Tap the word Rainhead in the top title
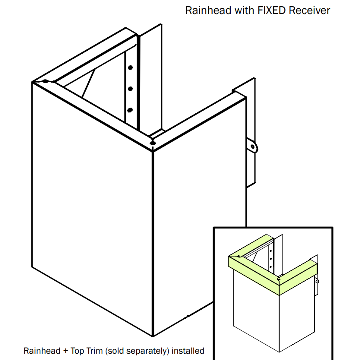(208, 10)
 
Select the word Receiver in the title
(309, 10)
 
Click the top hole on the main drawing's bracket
(130, 68)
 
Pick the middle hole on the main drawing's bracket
(130, 89)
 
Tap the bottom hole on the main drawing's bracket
(130, 110)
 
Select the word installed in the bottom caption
(188, 351)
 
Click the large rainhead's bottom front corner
(153, 335)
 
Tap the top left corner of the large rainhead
(33, 82)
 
